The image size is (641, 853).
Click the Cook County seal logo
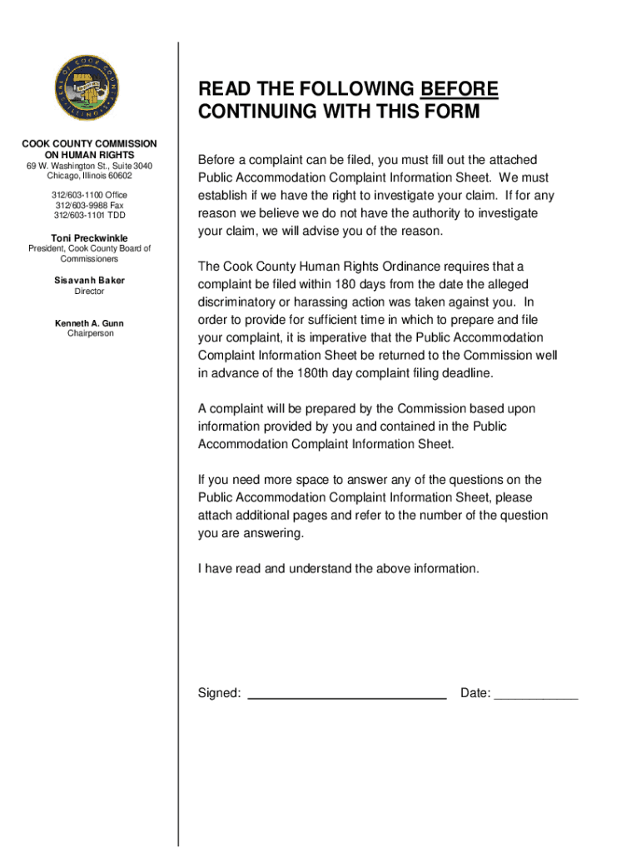[x=88, y=91]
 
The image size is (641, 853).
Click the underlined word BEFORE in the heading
[x=460, y=89]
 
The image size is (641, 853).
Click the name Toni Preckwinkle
[x=89, y=238]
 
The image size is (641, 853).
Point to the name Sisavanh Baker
[x=89, y=281]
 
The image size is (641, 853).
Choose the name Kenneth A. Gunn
[x=89, y=323]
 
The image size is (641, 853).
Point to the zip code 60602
[x=117, y=176]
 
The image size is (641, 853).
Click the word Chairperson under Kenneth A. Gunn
[x=89, y=334]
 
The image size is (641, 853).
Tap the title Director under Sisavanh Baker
[x=89, y=292]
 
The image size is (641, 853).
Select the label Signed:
[x=220, y=694]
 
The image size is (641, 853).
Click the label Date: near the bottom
[x=475, y=694]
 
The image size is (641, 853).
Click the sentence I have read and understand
[x=338, y=569]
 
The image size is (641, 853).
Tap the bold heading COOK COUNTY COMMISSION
[x=89, y=144]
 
